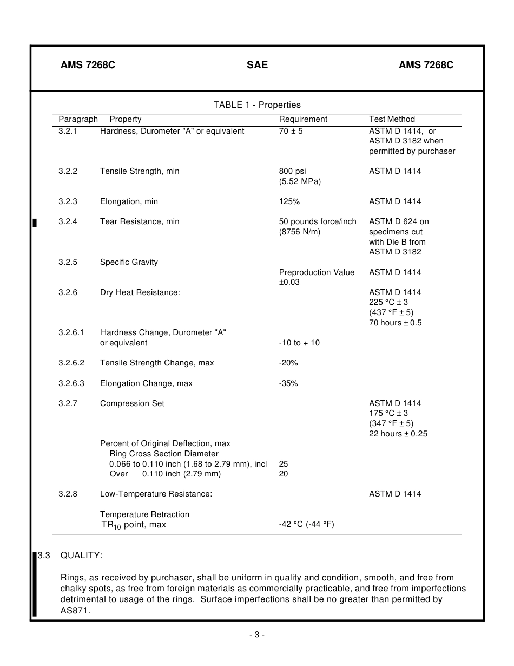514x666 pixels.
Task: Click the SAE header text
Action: (257, 65)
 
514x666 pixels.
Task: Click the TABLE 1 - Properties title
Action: (257, 105)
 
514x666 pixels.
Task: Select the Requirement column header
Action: (303, 119)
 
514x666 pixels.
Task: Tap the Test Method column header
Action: (392, 119)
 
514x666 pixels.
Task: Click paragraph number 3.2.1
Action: (68, 131)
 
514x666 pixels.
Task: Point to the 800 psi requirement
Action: (292, 171)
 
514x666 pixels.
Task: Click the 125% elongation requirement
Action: (289, 201)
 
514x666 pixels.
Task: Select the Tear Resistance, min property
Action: (140, 221)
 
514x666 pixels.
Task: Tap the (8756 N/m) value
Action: (300, 232)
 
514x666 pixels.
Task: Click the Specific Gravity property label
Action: (129, 262)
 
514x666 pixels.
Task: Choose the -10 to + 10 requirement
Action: (299, 343)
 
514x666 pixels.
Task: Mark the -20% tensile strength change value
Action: (288, 363)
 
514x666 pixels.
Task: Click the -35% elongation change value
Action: (288, 383)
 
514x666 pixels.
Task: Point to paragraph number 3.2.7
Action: (68, 403)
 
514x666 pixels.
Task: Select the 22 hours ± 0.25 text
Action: (398, 434)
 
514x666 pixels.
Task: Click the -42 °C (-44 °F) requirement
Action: (306, 524)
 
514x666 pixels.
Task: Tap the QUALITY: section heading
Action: (81, 556)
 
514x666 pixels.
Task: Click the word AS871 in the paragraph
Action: (75, 610)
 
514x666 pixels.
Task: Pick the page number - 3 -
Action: (257, 635)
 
